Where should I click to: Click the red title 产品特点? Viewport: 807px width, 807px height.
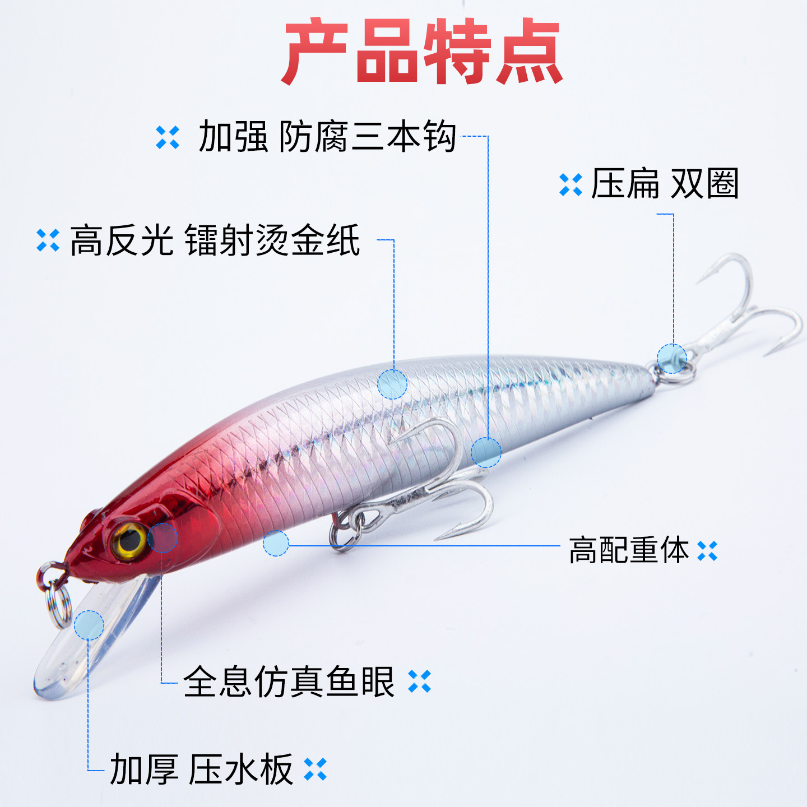point(421,52)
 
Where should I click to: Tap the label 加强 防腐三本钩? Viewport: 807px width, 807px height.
point(327,137)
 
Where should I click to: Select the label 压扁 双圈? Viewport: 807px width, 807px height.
point(665,184)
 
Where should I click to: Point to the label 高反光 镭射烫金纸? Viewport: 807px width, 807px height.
point(215,240)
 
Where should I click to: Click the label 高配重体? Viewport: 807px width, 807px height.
point(629,550)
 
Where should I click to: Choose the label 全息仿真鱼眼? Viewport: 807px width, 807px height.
point(289,681)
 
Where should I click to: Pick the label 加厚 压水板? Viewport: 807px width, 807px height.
point(201,769)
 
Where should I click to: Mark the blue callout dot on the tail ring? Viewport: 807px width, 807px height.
point(671,358)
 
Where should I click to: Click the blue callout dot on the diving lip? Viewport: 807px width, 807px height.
point(89,625)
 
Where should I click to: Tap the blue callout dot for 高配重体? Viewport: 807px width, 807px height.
point(276,543)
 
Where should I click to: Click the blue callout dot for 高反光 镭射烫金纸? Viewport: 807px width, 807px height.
point(392,384)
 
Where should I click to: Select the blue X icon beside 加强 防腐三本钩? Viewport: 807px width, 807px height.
point(168,137)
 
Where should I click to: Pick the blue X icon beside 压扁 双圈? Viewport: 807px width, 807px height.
point(571,185)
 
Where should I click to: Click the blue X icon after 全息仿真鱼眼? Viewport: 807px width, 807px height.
point(420,681)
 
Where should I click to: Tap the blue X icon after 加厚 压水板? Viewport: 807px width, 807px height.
point(315,769)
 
